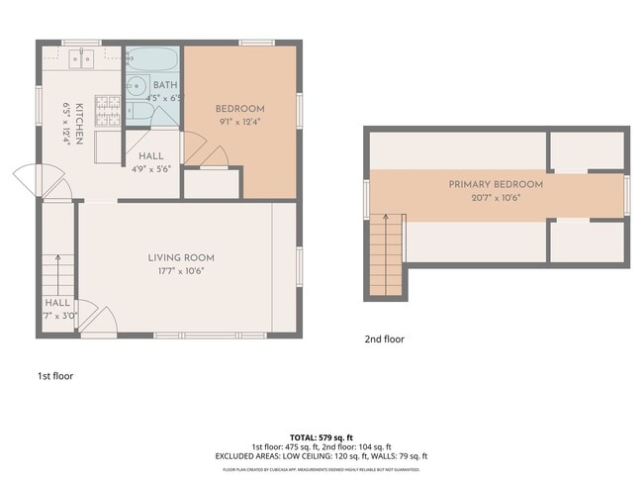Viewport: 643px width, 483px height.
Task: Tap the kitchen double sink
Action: click(x=80, y=58)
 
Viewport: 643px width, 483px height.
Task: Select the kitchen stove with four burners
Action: click(x=106, y=109)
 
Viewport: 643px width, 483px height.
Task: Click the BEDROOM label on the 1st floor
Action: click(x=240, y=108)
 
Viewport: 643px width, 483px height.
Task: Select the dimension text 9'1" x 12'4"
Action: click(x=240, y=122)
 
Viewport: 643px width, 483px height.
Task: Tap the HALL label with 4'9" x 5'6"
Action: click(x=151, y=156)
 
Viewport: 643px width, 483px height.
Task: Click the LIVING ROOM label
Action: click(x=181, y=258)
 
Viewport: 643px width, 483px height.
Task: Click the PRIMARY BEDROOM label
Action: click(x=496, y=184)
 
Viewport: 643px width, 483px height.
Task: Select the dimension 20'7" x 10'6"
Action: click(x=496, y=197)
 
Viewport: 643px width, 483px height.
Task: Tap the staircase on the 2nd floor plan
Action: click(x=387, y=255)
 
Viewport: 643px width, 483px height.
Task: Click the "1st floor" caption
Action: click(x=54, y=376)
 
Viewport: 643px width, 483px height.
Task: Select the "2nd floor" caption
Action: click(x=384, y=339)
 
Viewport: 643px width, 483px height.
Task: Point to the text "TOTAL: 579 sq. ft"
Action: click(x=321, y=436)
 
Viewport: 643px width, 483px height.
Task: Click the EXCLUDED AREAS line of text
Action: click(x=321, y=455)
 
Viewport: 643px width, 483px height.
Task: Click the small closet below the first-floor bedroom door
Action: click(x=213, y=184)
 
